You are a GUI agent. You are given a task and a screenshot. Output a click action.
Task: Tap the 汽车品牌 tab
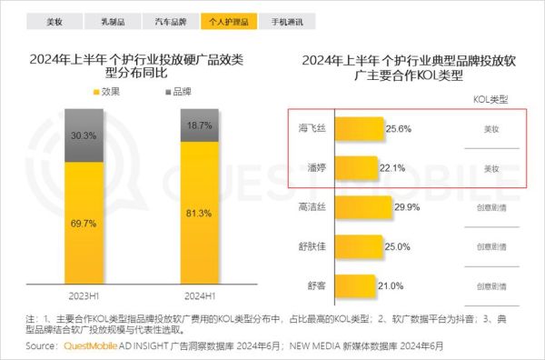coord(173,19)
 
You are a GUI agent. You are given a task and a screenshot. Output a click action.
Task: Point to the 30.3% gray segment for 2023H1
coord(78,136)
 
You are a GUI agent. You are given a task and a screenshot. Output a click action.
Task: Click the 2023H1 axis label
coord(78,296)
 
